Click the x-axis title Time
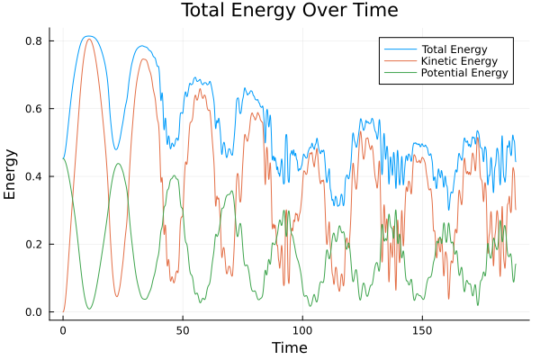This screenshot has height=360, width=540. point(290,347)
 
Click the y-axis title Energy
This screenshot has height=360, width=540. point(11,175)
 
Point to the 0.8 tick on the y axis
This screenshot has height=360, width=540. point(37,41)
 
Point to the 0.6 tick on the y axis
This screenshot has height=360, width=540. point(37,109)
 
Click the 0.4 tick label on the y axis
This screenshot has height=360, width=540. point(37,176)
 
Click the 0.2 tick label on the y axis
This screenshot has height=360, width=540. point(37,245)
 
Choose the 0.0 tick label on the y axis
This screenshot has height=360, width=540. point(37,312)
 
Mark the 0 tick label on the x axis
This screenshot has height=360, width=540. point(63,330)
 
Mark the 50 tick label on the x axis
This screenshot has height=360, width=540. point(183,330)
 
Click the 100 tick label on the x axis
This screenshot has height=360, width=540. point(302,330)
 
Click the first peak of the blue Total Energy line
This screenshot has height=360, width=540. point(88,36)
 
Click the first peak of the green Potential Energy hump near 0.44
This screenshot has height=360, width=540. point(118,164)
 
